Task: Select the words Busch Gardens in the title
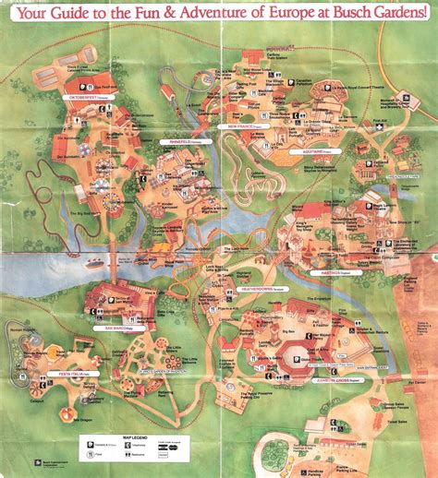(379, 13)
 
